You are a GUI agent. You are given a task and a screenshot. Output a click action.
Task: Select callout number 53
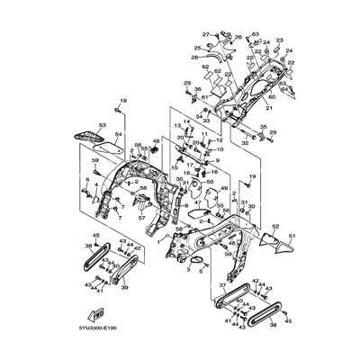102,127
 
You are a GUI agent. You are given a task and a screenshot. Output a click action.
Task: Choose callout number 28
193,56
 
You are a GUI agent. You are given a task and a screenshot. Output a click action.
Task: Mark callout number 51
292,235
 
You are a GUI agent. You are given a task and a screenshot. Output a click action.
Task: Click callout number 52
275,226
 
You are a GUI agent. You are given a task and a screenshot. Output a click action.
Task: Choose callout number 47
195,203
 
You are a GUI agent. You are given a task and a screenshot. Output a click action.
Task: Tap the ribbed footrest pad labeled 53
87,135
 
